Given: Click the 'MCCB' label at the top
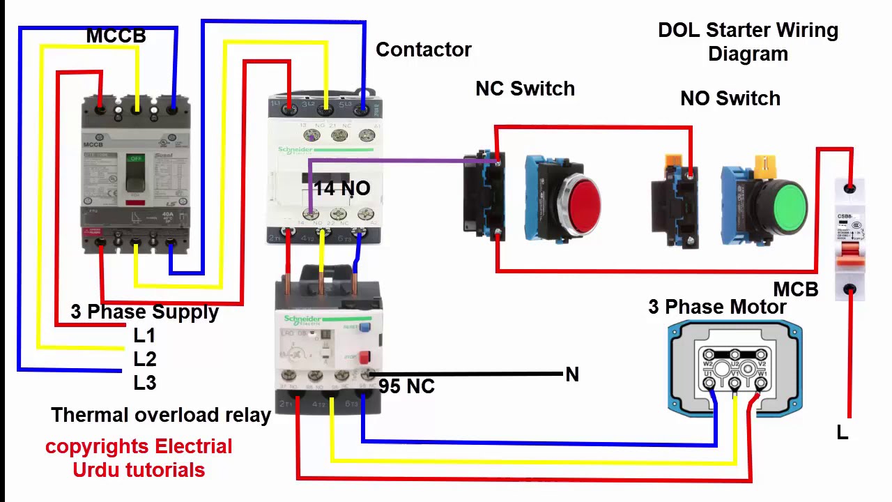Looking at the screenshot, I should pos(116,36).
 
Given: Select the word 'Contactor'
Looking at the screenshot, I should pos(423,50).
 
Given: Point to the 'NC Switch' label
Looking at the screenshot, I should pos(525,89).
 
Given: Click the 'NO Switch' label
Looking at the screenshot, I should pos(730,98).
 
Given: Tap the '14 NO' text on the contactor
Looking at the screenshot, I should pos(341,188).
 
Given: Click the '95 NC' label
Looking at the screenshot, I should pos(406,386).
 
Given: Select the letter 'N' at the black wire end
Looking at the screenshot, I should pos(572,375).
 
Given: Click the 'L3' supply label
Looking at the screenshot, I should pos(145,383).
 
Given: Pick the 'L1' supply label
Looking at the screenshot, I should pos(144,335).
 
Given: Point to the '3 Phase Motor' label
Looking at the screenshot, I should pos(717,307).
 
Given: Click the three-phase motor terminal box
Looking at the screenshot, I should pos(735,367).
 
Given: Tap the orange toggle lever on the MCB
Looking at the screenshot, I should pos(849,259).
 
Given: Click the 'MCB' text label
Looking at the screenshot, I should pos(795,289).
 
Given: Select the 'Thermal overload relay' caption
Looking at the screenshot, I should pos(161,415).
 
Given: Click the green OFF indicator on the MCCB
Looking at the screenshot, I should pos(135,160).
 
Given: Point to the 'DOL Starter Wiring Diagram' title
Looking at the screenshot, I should pos(748,42).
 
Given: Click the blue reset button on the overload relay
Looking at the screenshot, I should pos(364,326).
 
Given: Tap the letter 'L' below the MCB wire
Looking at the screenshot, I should pos(843,433).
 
